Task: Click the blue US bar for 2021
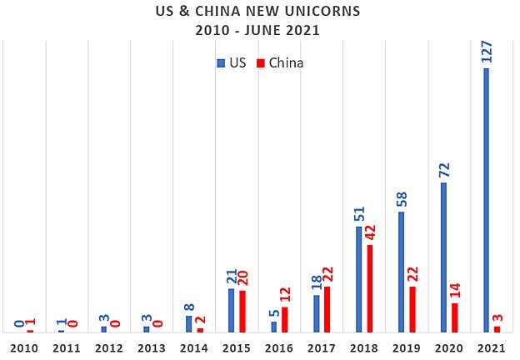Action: (x=486, y=200)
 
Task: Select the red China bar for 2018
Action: (x=370, y=288)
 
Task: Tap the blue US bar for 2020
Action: (x=443, y=257)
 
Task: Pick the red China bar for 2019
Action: (x=412, y=309)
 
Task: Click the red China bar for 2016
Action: (x=285, y=319)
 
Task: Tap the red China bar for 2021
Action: (x=497, y=329)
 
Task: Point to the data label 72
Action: (x=443, y=167)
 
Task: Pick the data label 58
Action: (x=402, y=196)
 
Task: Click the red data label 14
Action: (x=455, y=289)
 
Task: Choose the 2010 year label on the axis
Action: (x=24, y=347)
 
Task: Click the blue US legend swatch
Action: (x=221, y=62)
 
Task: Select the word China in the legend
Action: (x=286, y=62)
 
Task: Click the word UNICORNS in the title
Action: (x=321, y=13)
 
